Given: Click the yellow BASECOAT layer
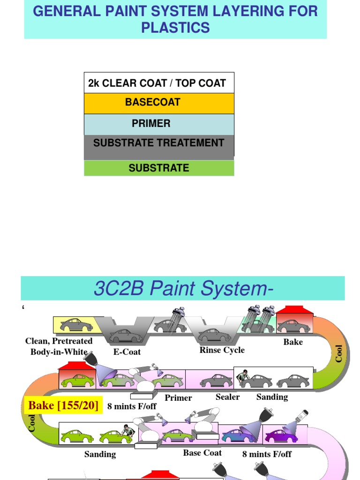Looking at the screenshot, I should pyautogui.click(x=159, y=103).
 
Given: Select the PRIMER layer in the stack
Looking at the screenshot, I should pyautogui.click(x=159, y=124).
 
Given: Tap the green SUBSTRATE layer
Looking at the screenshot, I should pyautogui.click(x=159, y=168).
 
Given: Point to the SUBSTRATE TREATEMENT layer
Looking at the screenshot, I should pyautogui.click(x=159, y=143).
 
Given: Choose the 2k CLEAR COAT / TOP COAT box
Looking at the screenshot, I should pyautogui.click(x=159, y=83).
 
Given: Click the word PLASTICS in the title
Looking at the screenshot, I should pyautogui.click(x=175, y=28).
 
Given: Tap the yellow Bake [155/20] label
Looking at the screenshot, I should pyautogui.click(x=63, y=405).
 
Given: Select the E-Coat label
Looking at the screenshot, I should pyautogui.click(x=127, y=352).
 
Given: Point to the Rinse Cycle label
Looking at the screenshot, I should pyautogui.click(x=222, y=350).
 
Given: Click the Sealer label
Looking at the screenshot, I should pyautogui.click(x=227, y=397).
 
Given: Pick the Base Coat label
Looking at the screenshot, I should pyautogui.click(x=202, y=453).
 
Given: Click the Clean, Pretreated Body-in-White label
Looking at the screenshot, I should pyautogui.click(x=59, y=346).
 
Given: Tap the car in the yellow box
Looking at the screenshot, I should pyautogui.click(x=76, y=324).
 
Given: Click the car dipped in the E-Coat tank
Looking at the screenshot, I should pyautogui.click(x=125, y=336).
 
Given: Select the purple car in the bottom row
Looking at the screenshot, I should pyautogui.click(x=281, y=436).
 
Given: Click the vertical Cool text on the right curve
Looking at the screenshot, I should pyautogui.click(x=339, y=353).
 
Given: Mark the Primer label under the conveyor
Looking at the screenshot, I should pyautogui.click(x=178, y=398).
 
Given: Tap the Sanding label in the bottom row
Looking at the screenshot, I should pyautogui.click(x=100, y=454).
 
